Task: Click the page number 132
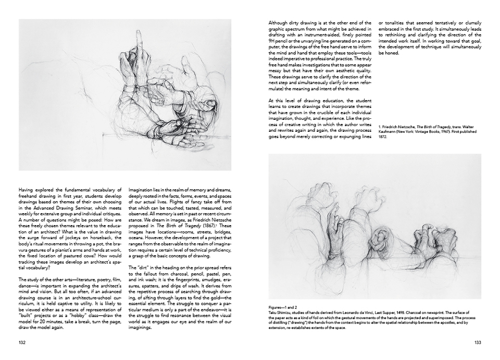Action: click(22, 342)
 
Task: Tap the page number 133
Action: click(477, 342)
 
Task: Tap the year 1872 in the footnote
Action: click(383, 142)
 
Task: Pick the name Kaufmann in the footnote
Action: click(389, 137)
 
